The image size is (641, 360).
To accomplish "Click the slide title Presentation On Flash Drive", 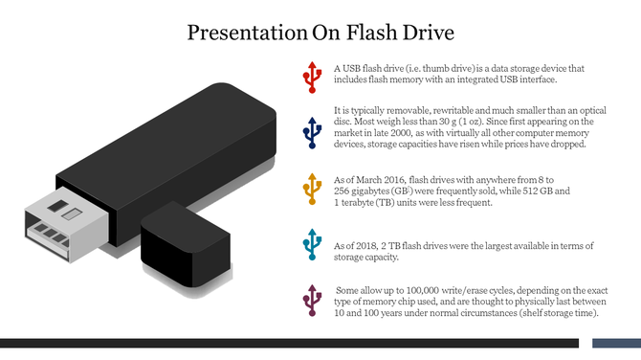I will click(x=320, y=34).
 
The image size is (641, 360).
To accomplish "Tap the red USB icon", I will click(x=311, y=76).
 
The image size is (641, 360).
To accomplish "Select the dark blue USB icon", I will click(x=311, y=133).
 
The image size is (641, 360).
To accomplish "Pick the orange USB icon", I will click(x=311, y=191).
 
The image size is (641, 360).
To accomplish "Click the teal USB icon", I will click(x=311, y=245).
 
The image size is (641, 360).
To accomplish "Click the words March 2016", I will click(x=376, y=179).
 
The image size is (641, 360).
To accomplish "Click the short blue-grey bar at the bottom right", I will click(x=616, y=343).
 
